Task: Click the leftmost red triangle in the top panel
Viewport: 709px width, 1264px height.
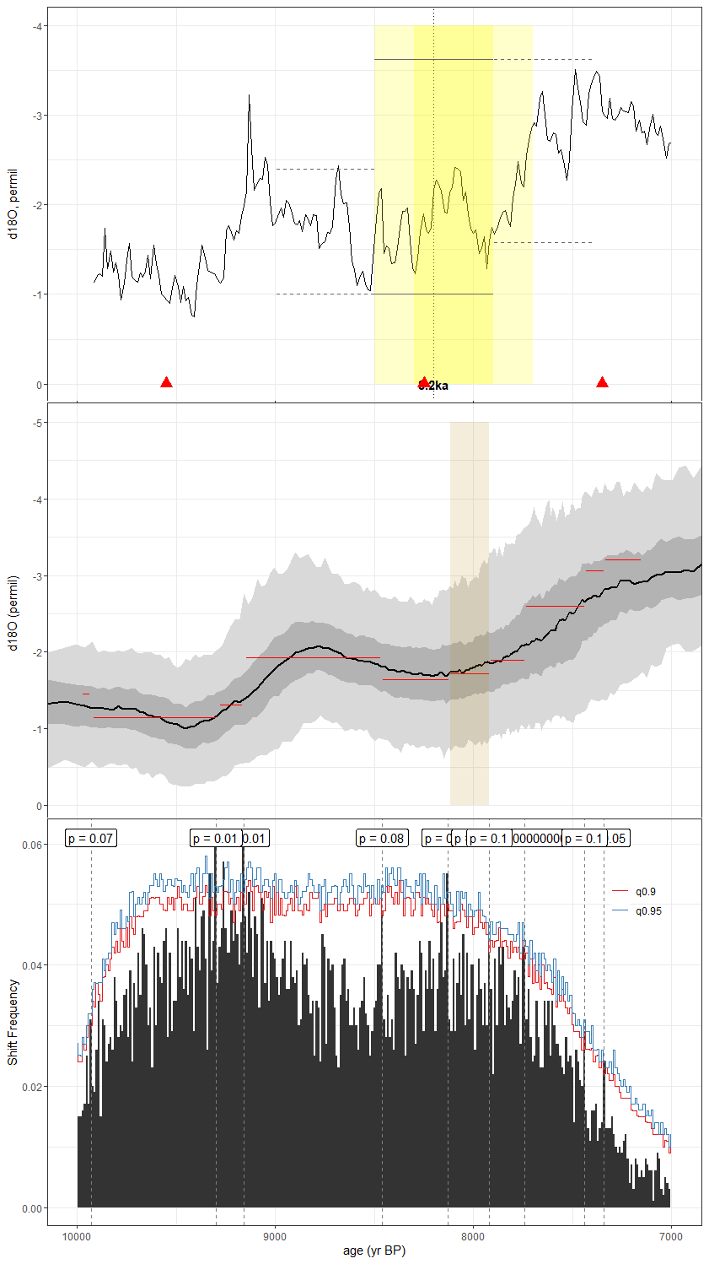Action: [166, 383]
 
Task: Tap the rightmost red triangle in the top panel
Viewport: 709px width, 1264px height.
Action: [602, 383]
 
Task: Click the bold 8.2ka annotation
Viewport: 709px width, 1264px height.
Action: [433, 386]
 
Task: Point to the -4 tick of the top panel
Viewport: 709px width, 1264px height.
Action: [38, 26]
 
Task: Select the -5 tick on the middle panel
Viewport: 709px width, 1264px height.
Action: [38, 423]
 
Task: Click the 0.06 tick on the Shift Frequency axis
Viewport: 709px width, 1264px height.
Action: [32, 845]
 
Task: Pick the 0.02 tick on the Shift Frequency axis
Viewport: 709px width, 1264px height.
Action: [32, 1087]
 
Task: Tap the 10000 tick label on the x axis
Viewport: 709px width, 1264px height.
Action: [78, 1237]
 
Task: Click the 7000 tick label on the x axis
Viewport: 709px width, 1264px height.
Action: [671, 1237]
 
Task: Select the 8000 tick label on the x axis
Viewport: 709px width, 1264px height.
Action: [473, 1237]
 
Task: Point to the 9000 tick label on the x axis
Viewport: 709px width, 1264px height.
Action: [275, 1237]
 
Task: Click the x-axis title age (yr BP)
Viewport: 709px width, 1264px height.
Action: [374, 1250]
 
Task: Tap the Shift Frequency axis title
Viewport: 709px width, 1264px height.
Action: [13, 1022]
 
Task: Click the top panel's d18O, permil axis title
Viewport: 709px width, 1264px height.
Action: [13, 204]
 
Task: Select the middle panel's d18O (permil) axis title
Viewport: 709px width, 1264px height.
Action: [13, 613]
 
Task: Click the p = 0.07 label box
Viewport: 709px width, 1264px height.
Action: [91, 838]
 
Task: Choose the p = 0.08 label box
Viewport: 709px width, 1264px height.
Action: [382, 838]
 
